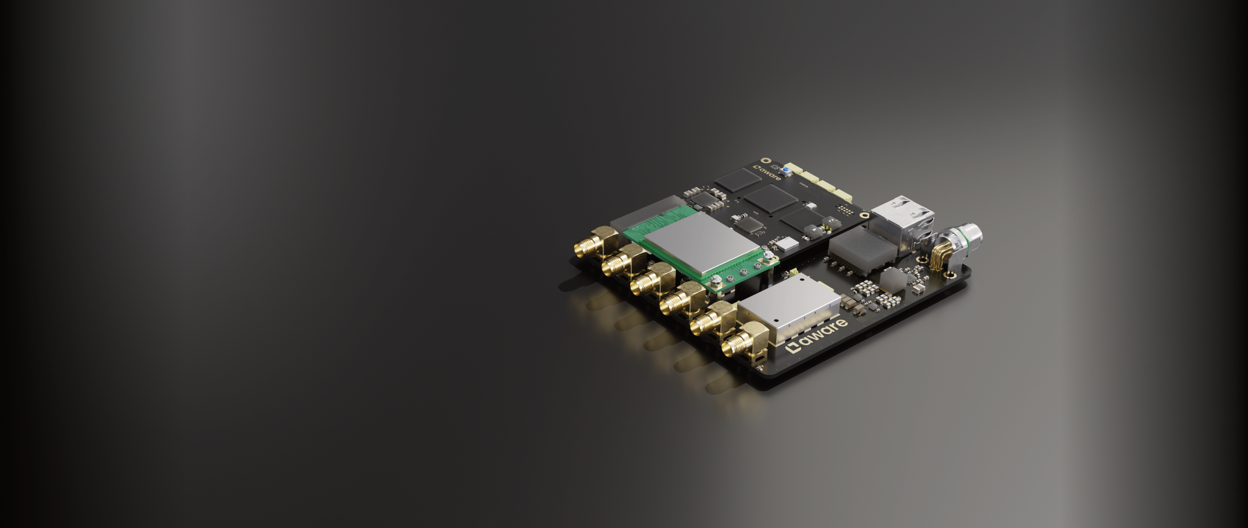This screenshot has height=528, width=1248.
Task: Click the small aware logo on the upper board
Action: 767,173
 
